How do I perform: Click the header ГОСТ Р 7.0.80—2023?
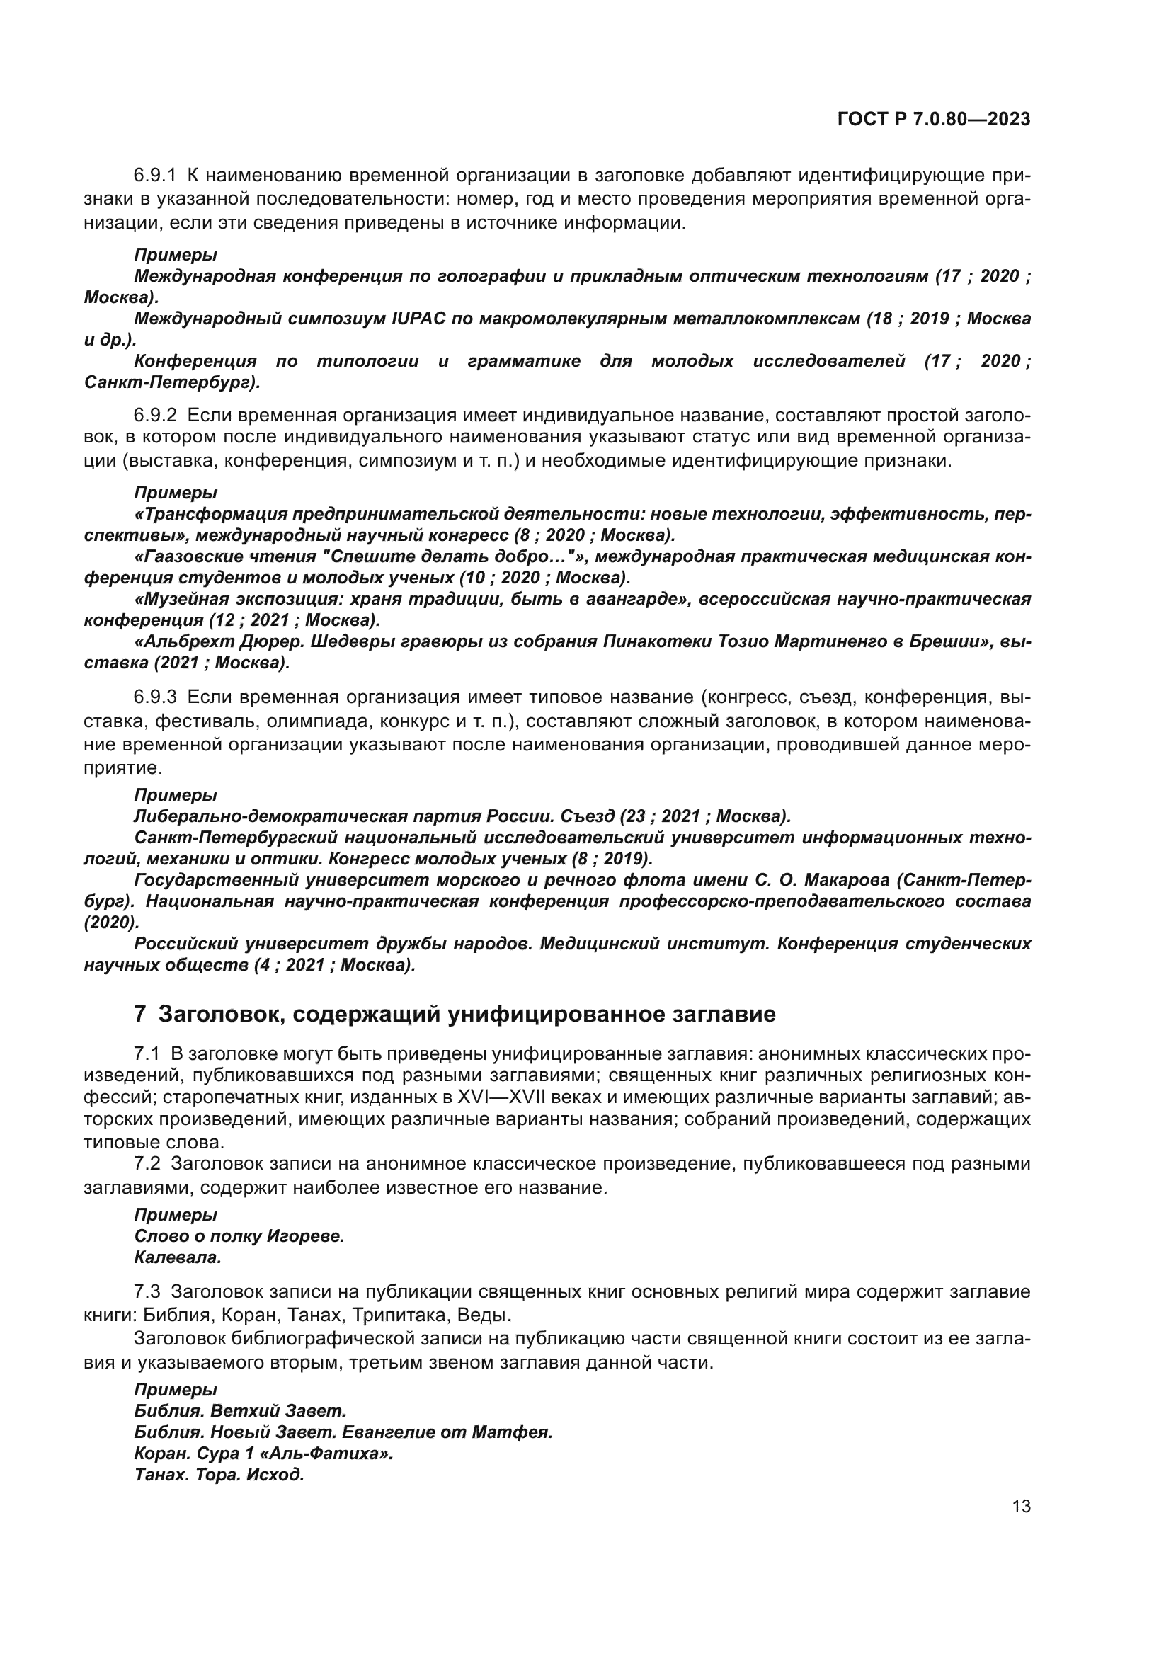point(934,119)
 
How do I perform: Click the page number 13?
point(1021,1507)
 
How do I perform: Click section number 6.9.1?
point(155,176)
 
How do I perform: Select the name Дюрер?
point(238,641)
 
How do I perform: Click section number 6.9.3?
point(155,697)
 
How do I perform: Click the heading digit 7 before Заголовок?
point(140,1014)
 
